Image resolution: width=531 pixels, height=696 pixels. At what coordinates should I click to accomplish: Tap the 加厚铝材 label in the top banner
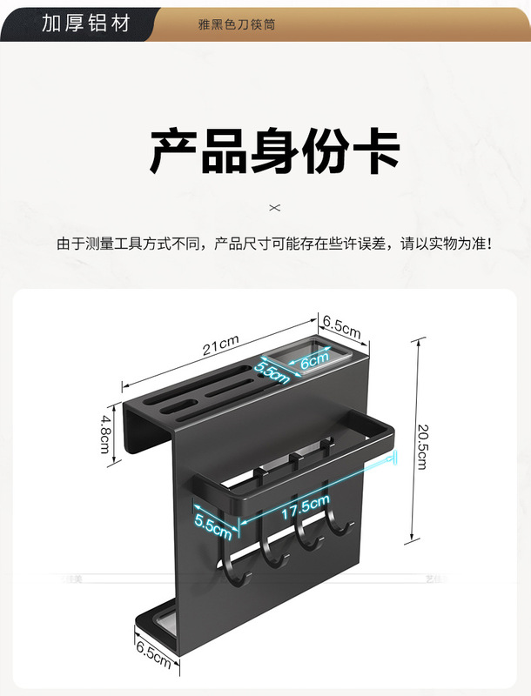click(x=85, y=23)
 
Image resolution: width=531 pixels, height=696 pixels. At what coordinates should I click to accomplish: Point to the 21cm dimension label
click(x=221, y=347)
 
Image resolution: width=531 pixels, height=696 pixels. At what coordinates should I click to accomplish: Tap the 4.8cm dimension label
click(x=104, y=432)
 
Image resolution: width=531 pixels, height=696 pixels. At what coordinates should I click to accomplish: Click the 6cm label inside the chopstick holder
click(x=313, y=358)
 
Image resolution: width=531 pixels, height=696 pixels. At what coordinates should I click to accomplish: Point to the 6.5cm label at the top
click(x=341, y=328)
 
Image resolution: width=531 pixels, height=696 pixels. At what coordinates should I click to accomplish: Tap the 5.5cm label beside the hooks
click(x=212, y=524)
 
